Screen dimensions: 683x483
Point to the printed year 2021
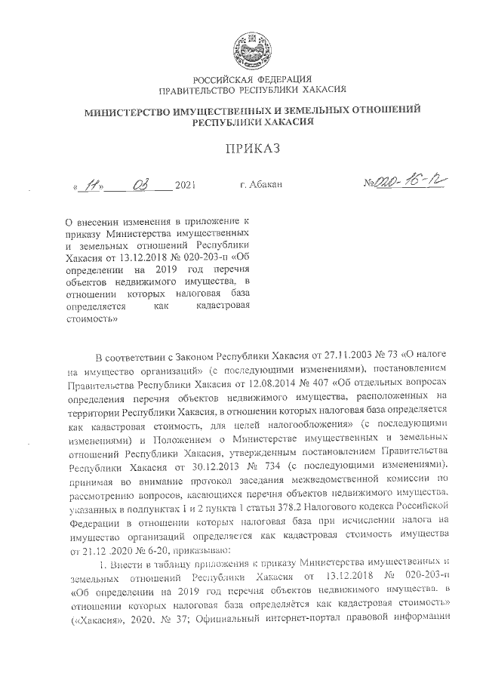(185, 186)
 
